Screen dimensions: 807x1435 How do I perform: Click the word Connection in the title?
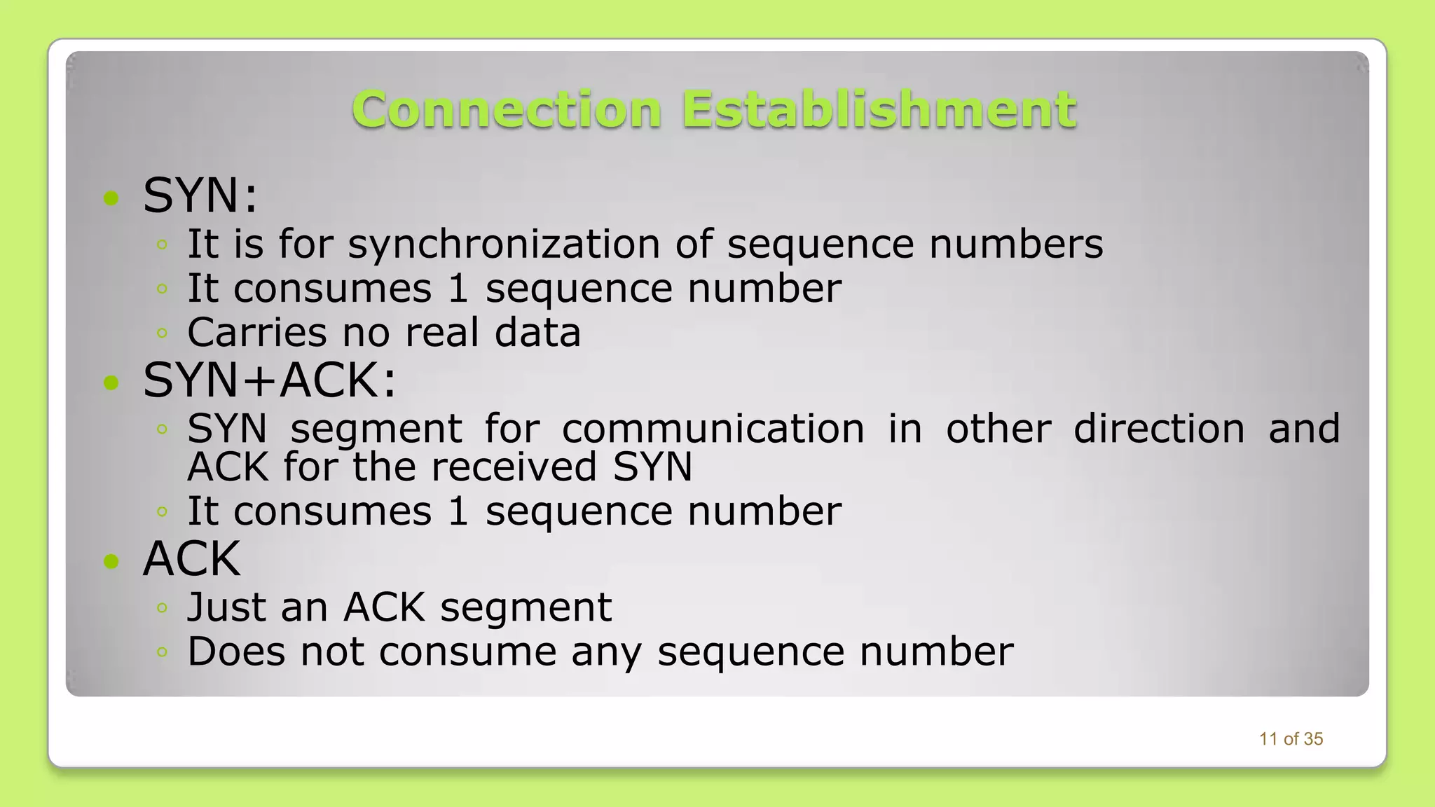click(507, 110)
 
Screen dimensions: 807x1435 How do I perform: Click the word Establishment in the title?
click(879, 110)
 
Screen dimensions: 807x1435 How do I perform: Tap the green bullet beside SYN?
click(111, 198)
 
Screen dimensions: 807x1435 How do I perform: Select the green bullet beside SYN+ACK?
click(111, 382)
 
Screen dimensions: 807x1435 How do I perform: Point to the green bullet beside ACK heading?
click(111, 561)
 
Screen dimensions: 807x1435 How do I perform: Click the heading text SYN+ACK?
click(269, 381)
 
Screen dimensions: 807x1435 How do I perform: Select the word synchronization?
click(504, 244)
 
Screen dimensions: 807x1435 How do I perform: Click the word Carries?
click(256, 332)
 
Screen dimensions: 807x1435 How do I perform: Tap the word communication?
click(713, 429)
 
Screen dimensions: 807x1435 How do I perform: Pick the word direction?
click(1159, 429)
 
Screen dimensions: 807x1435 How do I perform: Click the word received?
click(514, 467)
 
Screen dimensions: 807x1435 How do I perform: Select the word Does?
click(236, 651)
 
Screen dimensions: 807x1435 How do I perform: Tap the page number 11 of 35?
click(1291, 739)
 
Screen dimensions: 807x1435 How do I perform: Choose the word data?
click(537, 332)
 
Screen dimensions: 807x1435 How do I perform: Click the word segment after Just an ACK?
click(526, 608)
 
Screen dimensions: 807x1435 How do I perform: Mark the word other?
click(998, 429)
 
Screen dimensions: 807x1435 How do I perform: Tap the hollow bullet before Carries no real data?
click(162, 333)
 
